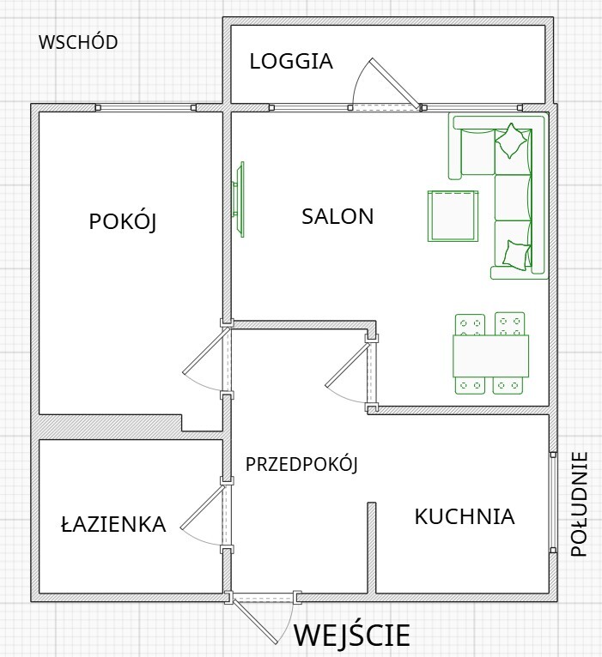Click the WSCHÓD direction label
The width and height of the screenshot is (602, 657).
(78, 42)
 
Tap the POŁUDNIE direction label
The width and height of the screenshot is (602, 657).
(580, 504)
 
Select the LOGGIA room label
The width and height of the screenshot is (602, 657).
(291, 61)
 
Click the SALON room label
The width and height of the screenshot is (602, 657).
(337, 216)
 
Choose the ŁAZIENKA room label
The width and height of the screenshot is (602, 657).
(113, 524)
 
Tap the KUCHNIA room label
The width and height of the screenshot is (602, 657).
(465, 516)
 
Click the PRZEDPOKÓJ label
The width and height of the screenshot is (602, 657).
(301, 464)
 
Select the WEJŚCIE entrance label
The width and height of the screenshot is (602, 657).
(351, 635)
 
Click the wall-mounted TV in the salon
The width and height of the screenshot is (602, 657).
(239, 200)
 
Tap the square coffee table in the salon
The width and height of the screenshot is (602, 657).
(453, 216)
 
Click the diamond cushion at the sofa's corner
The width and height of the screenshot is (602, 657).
(511, 141)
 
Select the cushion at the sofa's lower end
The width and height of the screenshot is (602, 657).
(516, 255)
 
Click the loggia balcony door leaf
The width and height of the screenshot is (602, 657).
(395, 84)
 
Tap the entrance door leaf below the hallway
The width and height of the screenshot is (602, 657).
(255, 622)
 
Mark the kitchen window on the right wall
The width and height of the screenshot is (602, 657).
(553, 502)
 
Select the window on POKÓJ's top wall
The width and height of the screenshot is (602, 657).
(146, 108)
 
